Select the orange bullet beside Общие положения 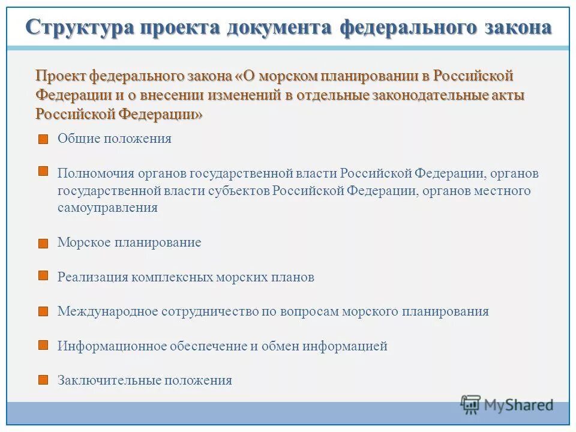point(43,139)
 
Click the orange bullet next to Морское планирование point(43,244)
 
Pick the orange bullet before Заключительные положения point(43,380)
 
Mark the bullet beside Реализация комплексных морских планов point(43,275)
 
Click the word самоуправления point(107,208)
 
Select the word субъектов point(239,191)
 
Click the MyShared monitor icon point(471,404)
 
